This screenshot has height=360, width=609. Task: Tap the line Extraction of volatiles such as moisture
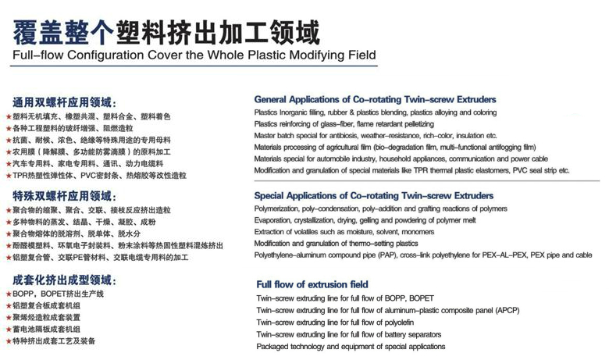click(344, 232)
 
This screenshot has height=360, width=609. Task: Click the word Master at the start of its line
click(268, 135)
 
